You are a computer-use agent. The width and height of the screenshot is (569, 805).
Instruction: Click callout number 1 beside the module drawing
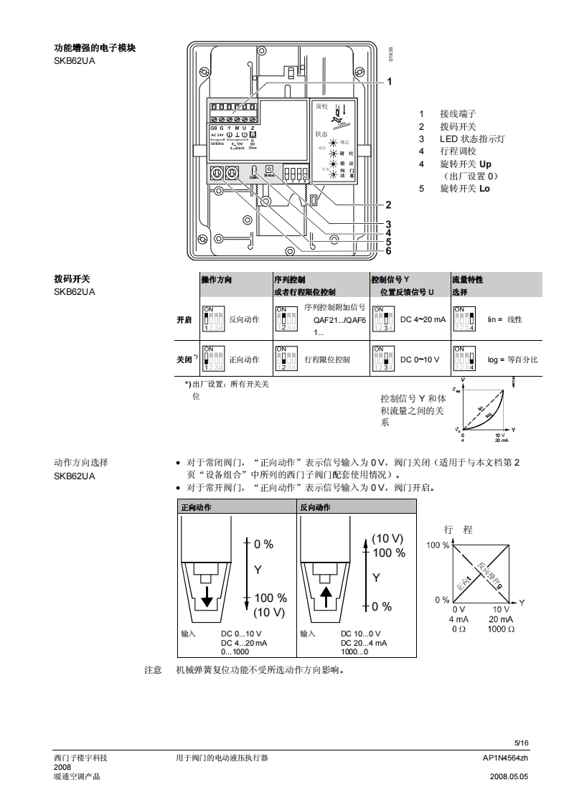click(x=389, y=82)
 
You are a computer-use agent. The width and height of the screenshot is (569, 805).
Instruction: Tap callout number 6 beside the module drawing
click(x=388, y=251)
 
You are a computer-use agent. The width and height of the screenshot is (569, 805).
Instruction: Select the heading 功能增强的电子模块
click(x=95, y=48)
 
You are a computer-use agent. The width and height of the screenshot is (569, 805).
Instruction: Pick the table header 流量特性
click(x=467, y=279)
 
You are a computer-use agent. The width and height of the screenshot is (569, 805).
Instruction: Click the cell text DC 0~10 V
click(x=420, y=359)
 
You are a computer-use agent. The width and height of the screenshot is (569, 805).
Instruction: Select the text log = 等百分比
click(x=512, y=359)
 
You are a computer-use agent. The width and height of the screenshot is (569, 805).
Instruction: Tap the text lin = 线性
click(x=504, y=319)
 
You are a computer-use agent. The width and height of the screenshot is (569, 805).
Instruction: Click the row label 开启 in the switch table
click(x=184, y=320)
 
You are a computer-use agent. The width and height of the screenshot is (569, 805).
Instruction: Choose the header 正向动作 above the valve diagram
click(x=197, y=507)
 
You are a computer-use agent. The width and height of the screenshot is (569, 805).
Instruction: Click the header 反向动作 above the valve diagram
click(x=316, y=507)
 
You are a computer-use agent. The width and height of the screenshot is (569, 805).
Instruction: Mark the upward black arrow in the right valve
click(x=326, y=596)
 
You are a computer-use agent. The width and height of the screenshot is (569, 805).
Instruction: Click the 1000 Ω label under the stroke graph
click(x=501, y=629)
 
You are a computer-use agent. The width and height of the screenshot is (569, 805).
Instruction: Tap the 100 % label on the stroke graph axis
click(x=438, y=545)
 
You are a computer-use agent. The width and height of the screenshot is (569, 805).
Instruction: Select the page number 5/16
click(x=521, y=743)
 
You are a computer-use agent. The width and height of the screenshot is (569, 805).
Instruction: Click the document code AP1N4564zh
click(x=505, y=758)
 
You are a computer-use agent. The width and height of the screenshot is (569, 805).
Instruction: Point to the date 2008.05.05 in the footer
click(x=509, y=776)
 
